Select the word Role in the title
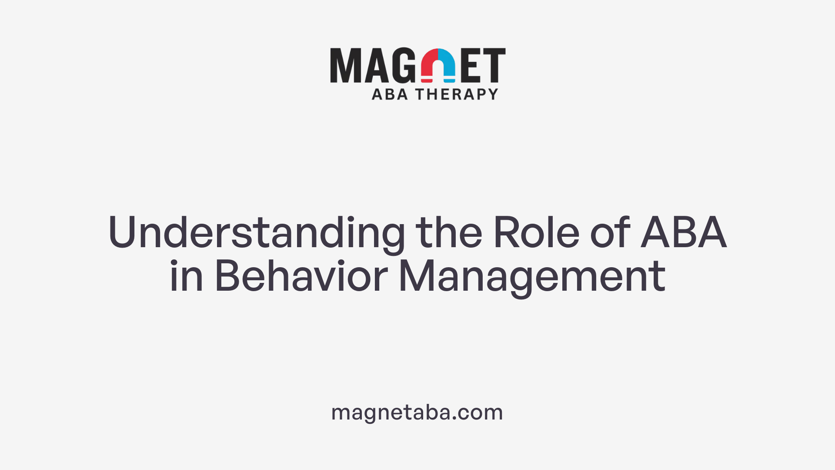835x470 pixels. point(536,232)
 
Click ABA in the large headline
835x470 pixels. point(683,232)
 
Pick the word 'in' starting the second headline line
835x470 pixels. point(186,276)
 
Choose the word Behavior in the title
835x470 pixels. point(301,276)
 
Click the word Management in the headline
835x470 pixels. point(532,276)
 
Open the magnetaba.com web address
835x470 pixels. point(417,412)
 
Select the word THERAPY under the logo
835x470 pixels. point(457,94)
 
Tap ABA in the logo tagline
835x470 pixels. point(390,94)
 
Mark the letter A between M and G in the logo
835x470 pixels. point(376,65)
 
